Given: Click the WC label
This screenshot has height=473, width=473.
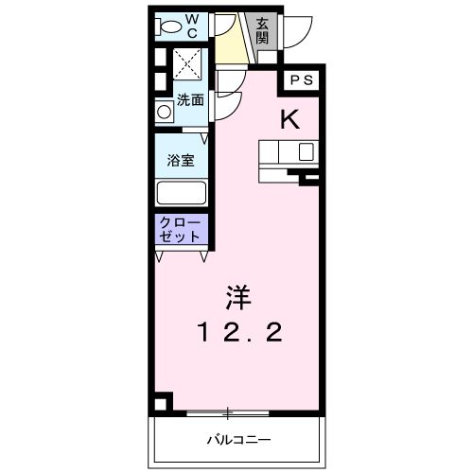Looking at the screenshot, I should pyautogui.click(x=191, y=25).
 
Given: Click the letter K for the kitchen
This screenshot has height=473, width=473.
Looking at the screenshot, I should pyautogui.click(x=289, y=119).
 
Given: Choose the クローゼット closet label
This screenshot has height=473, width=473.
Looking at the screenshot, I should pyautogui.click(x=179, y=229).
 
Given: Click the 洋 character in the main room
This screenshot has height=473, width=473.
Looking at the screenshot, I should pyautogui.click(x=237, y=297).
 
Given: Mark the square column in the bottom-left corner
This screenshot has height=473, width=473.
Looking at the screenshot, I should pyautogui.click(x=165, y=402).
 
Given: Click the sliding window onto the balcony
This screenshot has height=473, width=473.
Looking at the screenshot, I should pyautogui.click(x=228, y=412).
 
